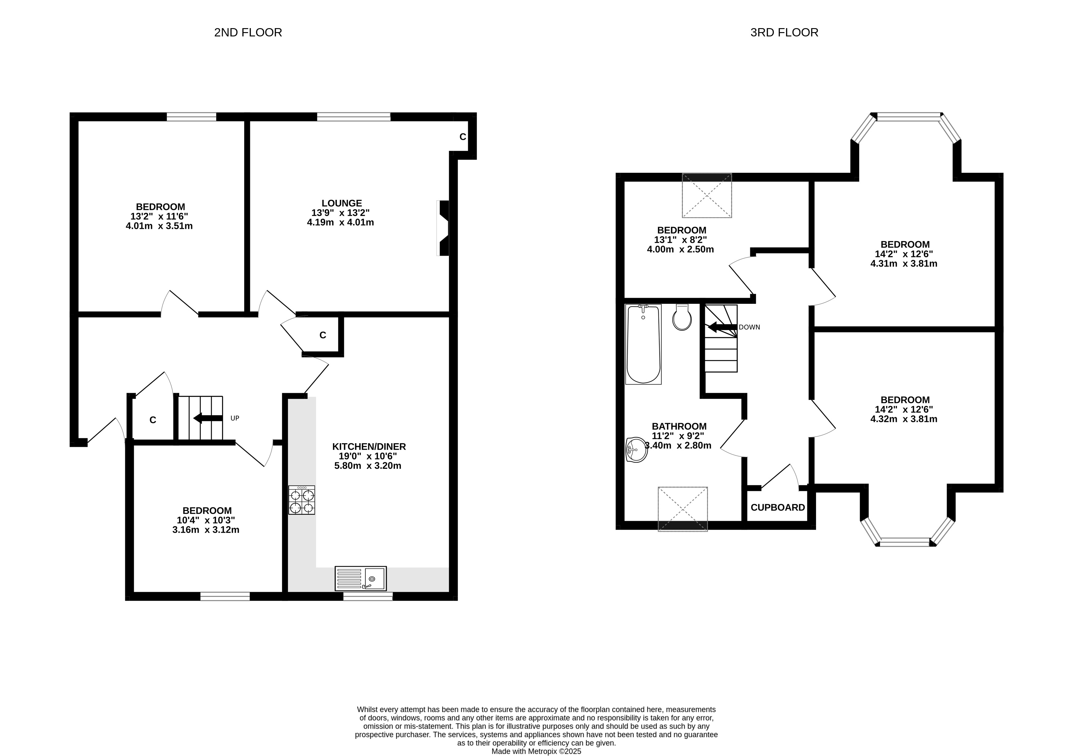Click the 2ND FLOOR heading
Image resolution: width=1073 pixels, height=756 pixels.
[248, 32]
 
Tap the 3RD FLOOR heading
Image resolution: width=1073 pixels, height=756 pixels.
[784, 32]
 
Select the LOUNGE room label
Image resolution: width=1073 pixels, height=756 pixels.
[342, 203]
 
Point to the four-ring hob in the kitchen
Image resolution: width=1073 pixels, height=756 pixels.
[301, 500]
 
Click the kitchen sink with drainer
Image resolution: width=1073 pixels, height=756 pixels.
[361, 579]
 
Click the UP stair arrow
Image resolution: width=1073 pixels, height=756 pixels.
[208, 418]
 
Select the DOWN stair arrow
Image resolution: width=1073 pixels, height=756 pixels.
[722, 327]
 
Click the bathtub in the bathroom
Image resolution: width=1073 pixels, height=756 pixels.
[643, 344]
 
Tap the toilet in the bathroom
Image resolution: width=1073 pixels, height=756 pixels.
[682, 317]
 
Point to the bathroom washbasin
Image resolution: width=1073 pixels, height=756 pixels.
[636, 449]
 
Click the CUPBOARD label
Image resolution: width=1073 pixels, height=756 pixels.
[778, 508]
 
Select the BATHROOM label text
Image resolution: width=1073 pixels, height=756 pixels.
[679, 426]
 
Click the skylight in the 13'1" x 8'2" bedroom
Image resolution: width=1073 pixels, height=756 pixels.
[706, 195]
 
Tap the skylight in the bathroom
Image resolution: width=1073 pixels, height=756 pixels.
[683, 509]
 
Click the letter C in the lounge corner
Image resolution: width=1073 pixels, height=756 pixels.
[463, 137]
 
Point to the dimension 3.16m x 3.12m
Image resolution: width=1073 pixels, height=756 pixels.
[206, 530]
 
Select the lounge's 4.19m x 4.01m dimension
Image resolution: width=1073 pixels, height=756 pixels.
[340, 222]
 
